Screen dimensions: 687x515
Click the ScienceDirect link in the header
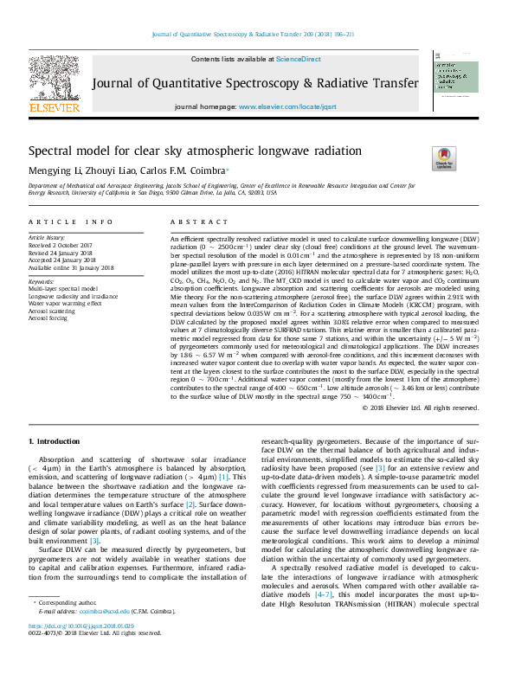(x=299, y=59)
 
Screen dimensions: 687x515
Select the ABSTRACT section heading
(x=191, y=222)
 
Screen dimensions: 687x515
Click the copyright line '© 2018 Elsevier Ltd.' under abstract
(x=419, y=408)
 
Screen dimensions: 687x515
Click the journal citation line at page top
(x=258, y=34)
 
